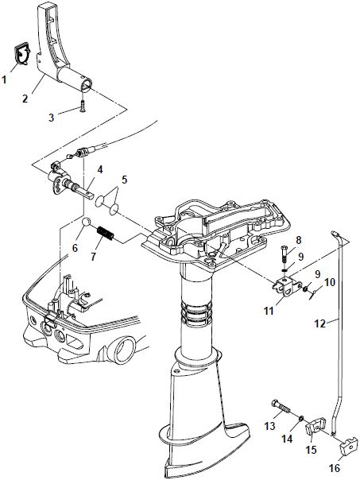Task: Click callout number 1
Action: coord(6,79)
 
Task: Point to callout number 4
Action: coord(99,168)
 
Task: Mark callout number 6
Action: coord(75,247)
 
